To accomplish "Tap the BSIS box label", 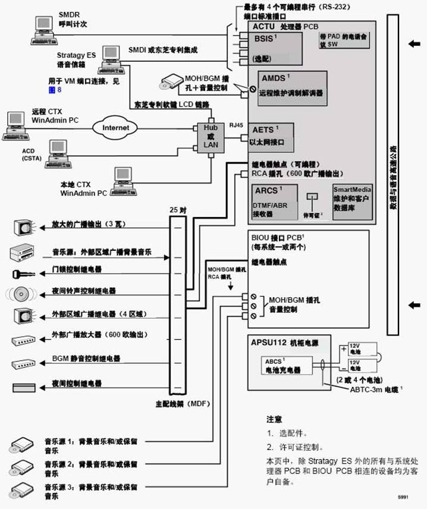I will (263, 39).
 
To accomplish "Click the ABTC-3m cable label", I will (373, 389).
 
